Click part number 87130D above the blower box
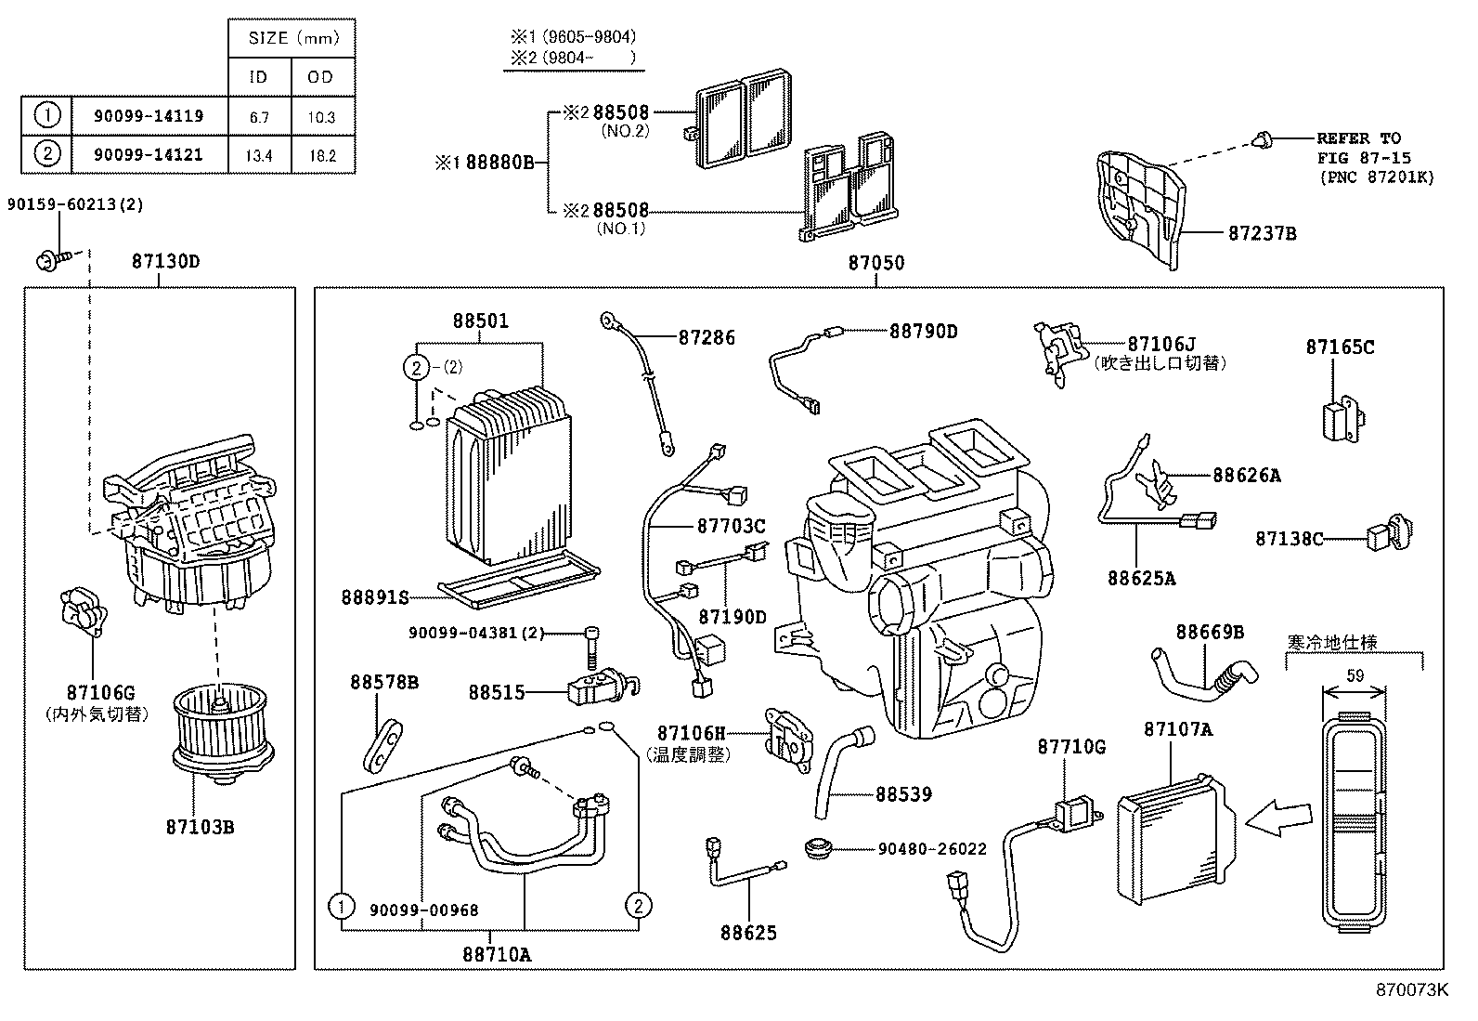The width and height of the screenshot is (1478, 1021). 165,262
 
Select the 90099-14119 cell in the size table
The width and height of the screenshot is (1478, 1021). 149,116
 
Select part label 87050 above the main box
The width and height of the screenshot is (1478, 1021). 875,263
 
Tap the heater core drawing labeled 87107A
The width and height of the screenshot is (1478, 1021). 1174,836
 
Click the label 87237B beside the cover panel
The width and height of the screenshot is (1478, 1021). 1262,233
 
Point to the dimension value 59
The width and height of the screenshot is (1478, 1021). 1355,676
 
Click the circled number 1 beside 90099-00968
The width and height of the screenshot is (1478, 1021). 343,905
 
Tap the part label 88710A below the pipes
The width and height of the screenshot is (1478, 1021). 497,954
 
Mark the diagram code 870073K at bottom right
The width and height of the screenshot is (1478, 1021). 1411,989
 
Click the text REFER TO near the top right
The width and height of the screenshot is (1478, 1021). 1358,138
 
